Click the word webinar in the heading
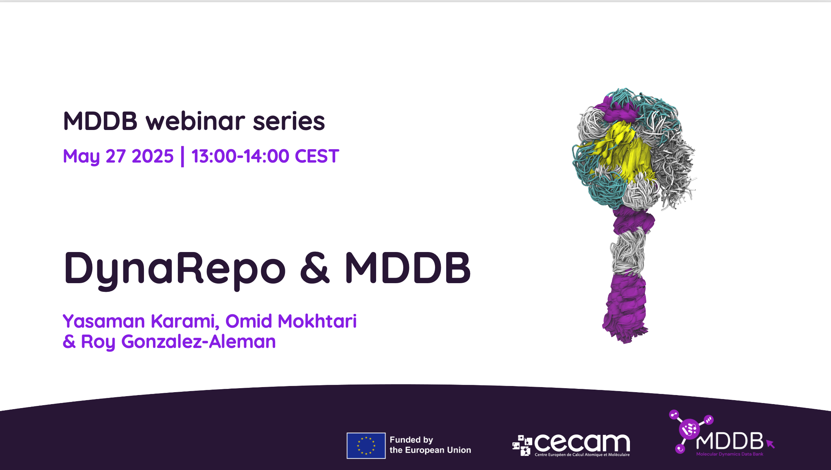pos(195,121)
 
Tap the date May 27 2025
pos(118,156)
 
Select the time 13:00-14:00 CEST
pos(265,156)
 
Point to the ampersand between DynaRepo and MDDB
pos(315,268)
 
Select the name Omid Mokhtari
pos(291,321)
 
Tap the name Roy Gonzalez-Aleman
pos(178,342)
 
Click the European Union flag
pos(366,446)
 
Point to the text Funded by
pos(411,440)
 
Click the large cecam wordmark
pos(582,442)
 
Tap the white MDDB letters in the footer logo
pos(729,441)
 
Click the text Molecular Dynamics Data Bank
pos(730,454)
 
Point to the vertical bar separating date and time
pos(183,156)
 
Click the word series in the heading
pos(289,121)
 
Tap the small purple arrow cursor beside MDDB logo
pos(770,444)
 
